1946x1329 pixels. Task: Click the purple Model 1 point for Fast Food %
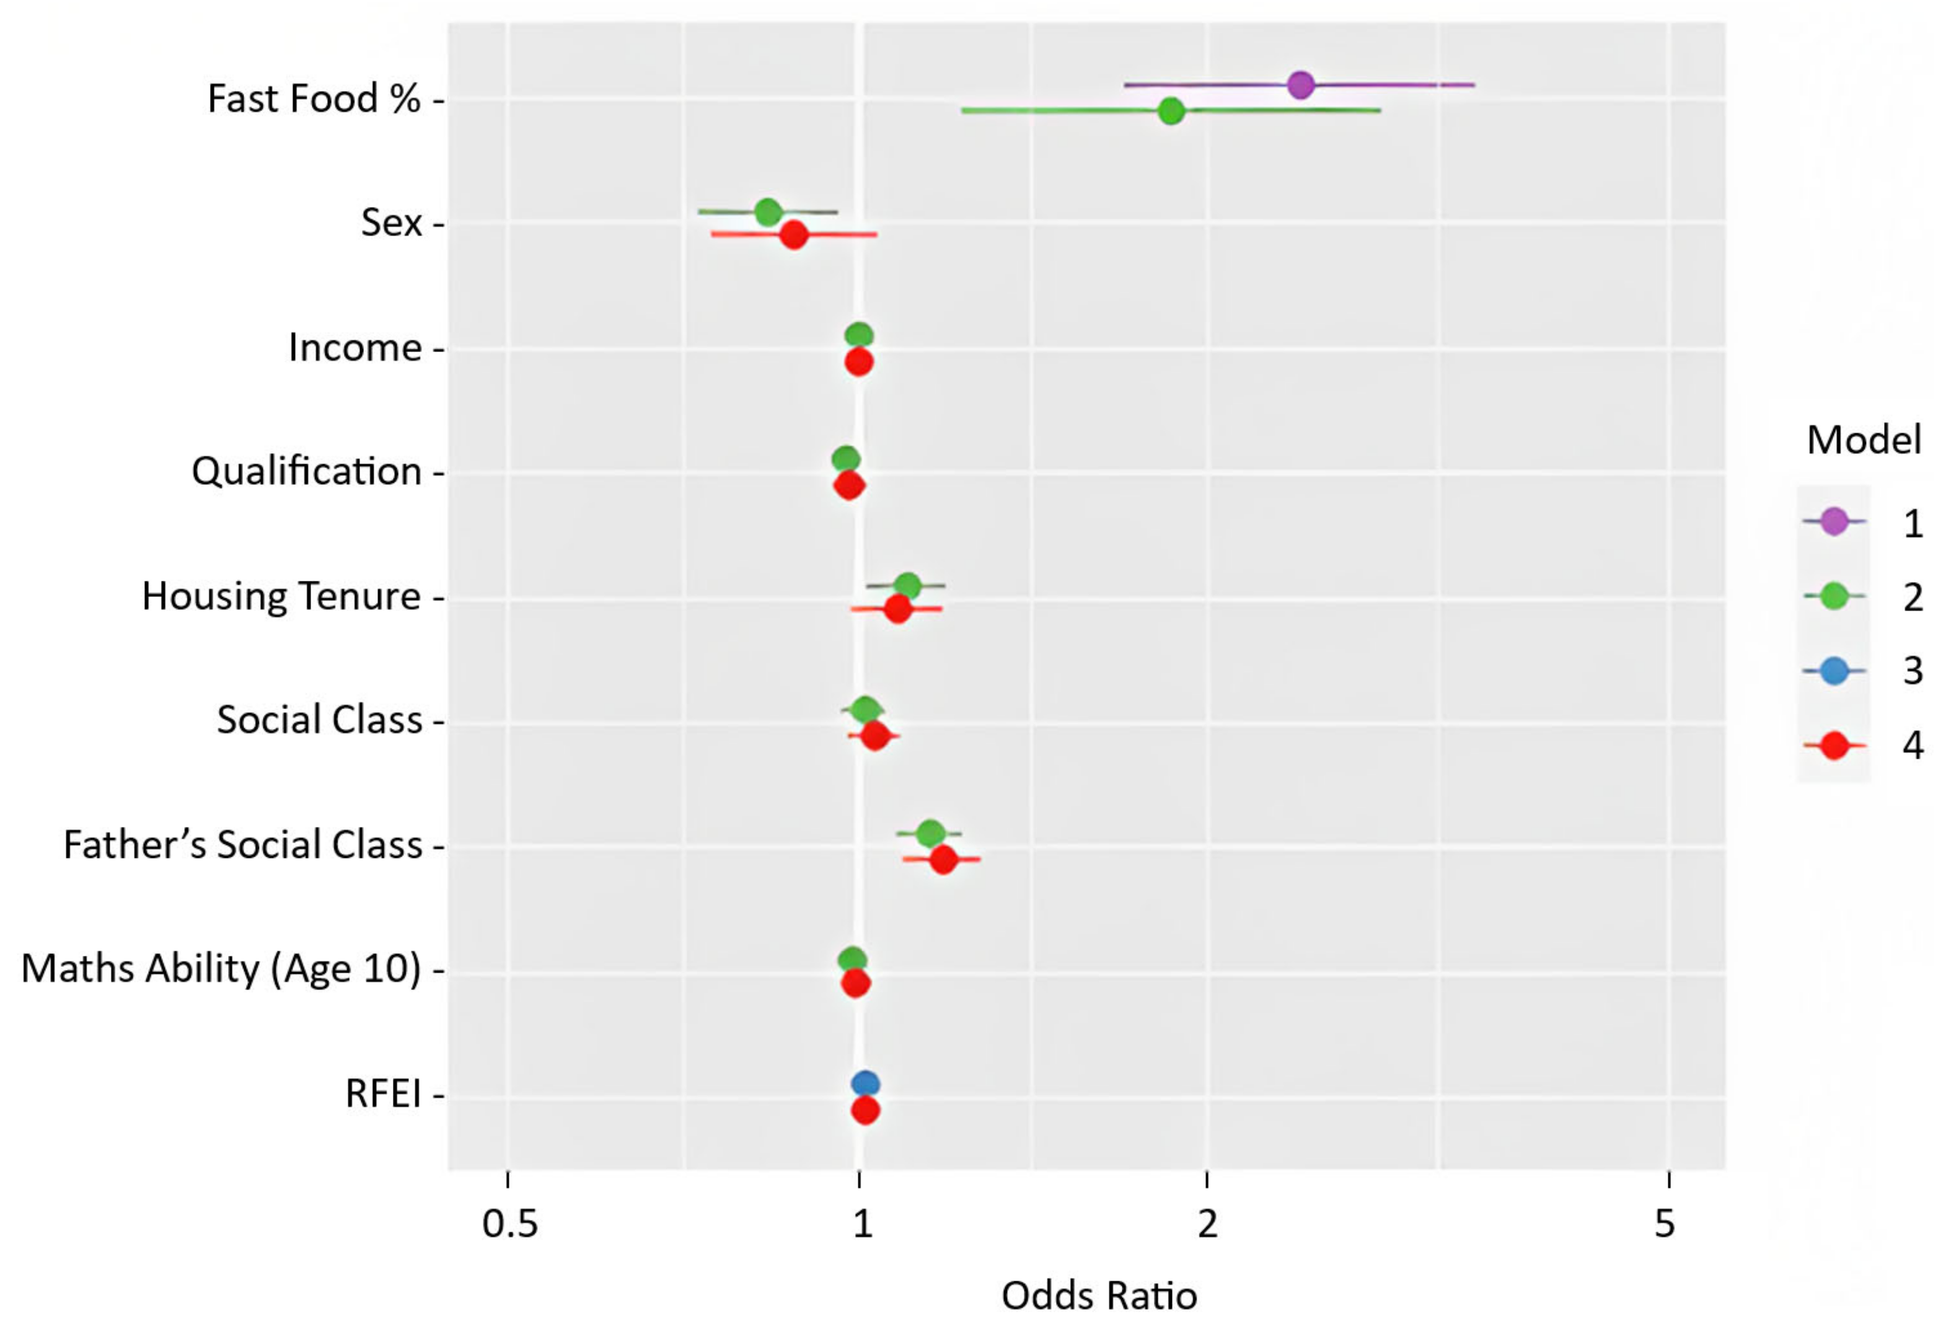coord(1300,84)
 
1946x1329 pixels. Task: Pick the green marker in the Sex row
coord(768,212)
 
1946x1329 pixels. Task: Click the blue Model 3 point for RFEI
coord(865,1084)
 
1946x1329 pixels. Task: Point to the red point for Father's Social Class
coord(943,859)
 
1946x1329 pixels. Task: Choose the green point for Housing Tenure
coord(907,585)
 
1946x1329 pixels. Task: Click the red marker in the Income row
coord(859,363)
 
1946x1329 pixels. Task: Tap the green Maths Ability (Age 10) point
coord(852,960)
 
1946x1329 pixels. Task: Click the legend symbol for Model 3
coord(1834,671)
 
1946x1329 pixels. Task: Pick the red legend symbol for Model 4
coord(1834,744)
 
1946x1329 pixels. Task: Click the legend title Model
coord(1863,439)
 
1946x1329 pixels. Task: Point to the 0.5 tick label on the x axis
coord(509,1224)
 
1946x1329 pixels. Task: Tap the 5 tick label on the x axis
coord(1665,1224)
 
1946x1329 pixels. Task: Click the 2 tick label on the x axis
coord(1206,1224)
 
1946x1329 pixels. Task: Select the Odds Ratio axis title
coord(1099,1296)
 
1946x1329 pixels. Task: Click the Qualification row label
coord(307,472)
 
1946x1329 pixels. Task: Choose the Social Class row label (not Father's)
coord(319,719)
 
